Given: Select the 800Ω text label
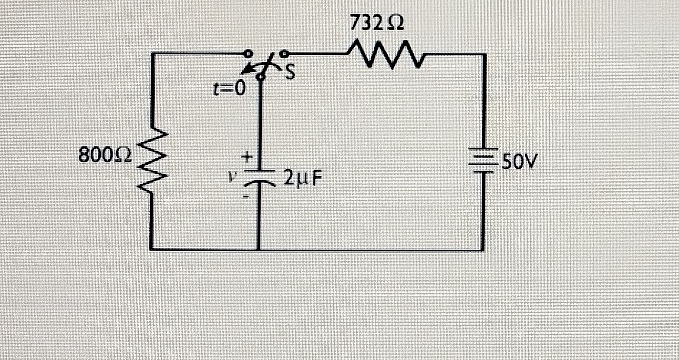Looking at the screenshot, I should tap(106, 155).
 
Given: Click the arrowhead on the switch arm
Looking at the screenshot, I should tap(244, 71).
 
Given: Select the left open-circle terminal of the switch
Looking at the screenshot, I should tap(247, 54).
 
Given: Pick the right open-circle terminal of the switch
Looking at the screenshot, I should tap(285, 53).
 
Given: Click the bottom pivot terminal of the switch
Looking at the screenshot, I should tap(260, 77).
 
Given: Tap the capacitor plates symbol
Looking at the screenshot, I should tap(259, 177).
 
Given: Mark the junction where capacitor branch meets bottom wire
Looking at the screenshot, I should tap(259, 249).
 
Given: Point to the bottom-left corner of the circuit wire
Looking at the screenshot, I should tap(152, 248).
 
